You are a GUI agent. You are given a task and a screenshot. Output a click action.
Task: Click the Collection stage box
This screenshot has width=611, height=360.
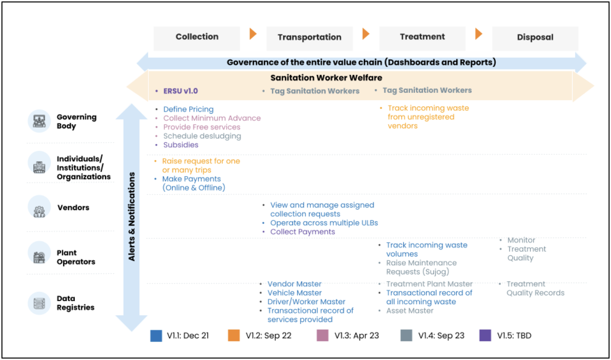197,38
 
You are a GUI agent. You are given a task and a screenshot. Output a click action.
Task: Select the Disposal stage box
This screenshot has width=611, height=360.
535,38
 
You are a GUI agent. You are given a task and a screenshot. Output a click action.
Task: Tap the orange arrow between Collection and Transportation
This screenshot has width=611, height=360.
253,34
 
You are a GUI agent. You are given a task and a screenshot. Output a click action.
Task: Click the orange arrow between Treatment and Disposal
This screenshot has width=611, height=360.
479,34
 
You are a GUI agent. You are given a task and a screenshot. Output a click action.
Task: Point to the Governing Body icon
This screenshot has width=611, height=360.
39,121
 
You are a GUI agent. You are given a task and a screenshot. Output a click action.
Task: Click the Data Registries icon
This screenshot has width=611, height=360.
39,303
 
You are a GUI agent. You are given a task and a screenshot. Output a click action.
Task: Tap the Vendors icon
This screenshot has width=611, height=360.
39,207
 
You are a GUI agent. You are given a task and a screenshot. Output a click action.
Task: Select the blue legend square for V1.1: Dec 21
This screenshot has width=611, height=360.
156,336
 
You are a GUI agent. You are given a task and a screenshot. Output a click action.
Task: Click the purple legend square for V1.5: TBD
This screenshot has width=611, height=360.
485,336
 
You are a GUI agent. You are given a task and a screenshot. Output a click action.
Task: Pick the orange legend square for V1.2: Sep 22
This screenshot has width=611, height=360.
234,336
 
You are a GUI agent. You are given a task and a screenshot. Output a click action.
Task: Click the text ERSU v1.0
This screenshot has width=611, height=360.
180,91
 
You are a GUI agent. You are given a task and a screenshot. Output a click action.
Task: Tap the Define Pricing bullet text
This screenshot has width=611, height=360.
188,109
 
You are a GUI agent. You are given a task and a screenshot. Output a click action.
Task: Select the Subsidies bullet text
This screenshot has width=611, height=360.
181,145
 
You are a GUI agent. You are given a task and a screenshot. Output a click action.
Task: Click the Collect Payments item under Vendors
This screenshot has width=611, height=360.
303,232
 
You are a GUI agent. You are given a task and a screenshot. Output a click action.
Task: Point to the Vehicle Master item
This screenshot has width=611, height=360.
295,293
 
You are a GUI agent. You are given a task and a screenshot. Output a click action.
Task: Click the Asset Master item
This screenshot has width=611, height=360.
410,311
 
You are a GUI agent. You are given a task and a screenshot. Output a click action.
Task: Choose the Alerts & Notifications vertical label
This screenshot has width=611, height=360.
132,216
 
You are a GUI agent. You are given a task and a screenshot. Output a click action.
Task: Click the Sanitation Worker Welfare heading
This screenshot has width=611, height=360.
326,78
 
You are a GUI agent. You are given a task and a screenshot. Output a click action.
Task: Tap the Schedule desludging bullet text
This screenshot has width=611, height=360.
202,136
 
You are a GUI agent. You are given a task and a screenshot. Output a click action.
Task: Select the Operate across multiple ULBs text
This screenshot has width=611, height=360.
324,223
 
